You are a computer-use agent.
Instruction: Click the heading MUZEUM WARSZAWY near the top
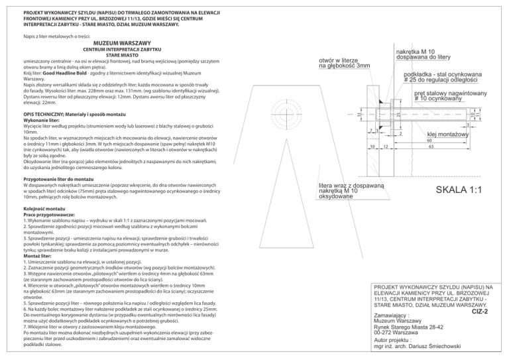click(x=117, y=42)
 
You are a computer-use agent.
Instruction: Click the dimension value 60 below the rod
click(x=430, y=141)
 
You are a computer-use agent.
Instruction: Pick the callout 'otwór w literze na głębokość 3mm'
click(x=345, y=62)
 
